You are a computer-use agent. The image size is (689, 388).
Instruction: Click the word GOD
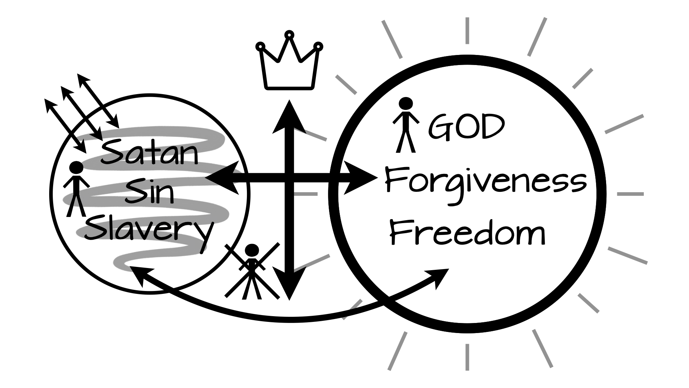coord(467,126)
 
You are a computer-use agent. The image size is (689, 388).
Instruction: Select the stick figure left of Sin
coord(76,189)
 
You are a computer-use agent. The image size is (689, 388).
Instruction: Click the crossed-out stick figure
coord(252,271)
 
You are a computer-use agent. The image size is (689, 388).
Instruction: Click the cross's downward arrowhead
coord(289,284)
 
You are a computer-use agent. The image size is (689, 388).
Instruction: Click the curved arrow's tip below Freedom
coord(443,275)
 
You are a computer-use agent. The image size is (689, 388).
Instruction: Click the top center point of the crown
coord(289,35)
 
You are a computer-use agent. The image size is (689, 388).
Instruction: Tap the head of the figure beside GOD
coord(406,104)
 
